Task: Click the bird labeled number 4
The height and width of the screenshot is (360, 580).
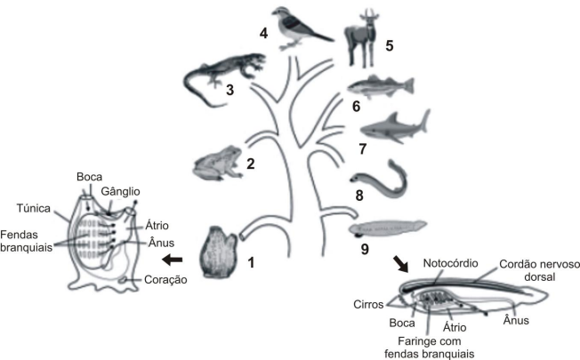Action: (x=300, y=28)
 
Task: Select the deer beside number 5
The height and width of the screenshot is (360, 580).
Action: (x=361, y=39)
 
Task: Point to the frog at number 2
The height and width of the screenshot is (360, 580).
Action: (x=218, y=163)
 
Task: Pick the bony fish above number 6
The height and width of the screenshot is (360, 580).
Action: (x=380, y=86)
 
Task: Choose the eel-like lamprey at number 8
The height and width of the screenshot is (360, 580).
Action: (x=380, y=180)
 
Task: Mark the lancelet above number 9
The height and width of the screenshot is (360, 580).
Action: (x=388, y=228)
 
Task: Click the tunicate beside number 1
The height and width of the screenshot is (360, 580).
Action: (x=219, y=252)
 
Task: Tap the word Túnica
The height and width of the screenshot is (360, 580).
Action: (x=33, y=209)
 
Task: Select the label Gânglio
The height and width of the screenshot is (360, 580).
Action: (x=120, y=191)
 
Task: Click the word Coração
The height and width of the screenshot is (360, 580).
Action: (x=165, y=279)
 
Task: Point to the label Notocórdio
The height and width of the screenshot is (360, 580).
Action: (x=450, y=263)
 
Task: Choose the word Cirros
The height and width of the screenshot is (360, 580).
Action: (x=368, y=304)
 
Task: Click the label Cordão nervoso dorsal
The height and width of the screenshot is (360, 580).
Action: (x=539, y=270)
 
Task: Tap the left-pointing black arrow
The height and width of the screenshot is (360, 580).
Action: (x=173, y=260)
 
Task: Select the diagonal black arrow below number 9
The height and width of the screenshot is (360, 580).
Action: (x=401, y=263)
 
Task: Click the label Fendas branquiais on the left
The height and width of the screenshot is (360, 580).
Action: (x=26, y=241)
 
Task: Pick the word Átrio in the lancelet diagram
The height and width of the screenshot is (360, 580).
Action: (x=455, y=327)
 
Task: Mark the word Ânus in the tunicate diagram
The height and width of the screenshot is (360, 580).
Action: (x=161, y=243)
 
